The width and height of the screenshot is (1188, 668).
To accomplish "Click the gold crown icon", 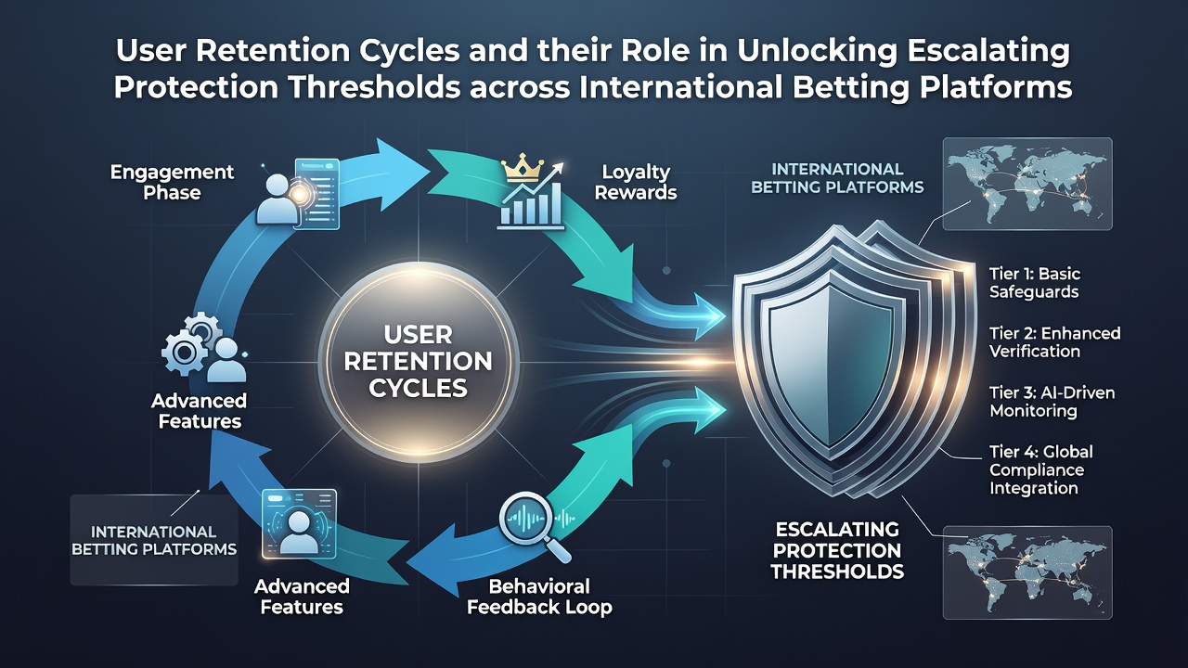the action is click(x=523, y=168).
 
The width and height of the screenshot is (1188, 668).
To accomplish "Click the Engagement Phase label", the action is click(x=172, y=182).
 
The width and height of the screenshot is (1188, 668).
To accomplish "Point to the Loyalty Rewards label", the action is click(x=636, y=182).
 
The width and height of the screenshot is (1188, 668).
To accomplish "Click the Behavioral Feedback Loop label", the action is click(x=539, y=597).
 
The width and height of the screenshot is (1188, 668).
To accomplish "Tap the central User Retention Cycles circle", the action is click(x=419, y=362).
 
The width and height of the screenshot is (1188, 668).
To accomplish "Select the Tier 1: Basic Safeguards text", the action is click(x=1034, y=283).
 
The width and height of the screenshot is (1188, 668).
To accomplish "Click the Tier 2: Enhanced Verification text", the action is click(x=1054, y=342).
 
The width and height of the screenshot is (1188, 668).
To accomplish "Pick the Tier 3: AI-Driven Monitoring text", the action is click(x=1052, y=402).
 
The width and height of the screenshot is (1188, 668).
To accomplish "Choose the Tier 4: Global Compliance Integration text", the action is click(x=1040, y=469).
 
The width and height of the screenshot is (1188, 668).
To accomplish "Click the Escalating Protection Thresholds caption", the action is click(x=837, y=550).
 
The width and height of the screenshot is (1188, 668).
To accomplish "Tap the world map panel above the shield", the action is click(x=1027, y=184).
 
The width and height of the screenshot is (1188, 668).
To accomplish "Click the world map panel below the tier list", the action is click(x=1027, y=572).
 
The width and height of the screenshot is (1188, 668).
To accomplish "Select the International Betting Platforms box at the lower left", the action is click(x=154, y=540).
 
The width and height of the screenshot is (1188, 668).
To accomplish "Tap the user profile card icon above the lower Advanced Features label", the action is click(x=299, y=524).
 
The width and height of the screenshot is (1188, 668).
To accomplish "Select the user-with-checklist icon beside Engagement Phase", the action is click(x=298, y=194).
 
